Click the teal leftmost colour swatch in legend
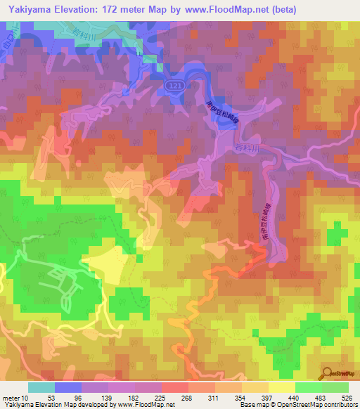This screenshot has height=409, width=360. pyautogui.click(x=40, y=388)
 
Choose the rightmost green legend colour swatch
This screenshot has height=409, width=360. pyautogui.click(x=335, y=388)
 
